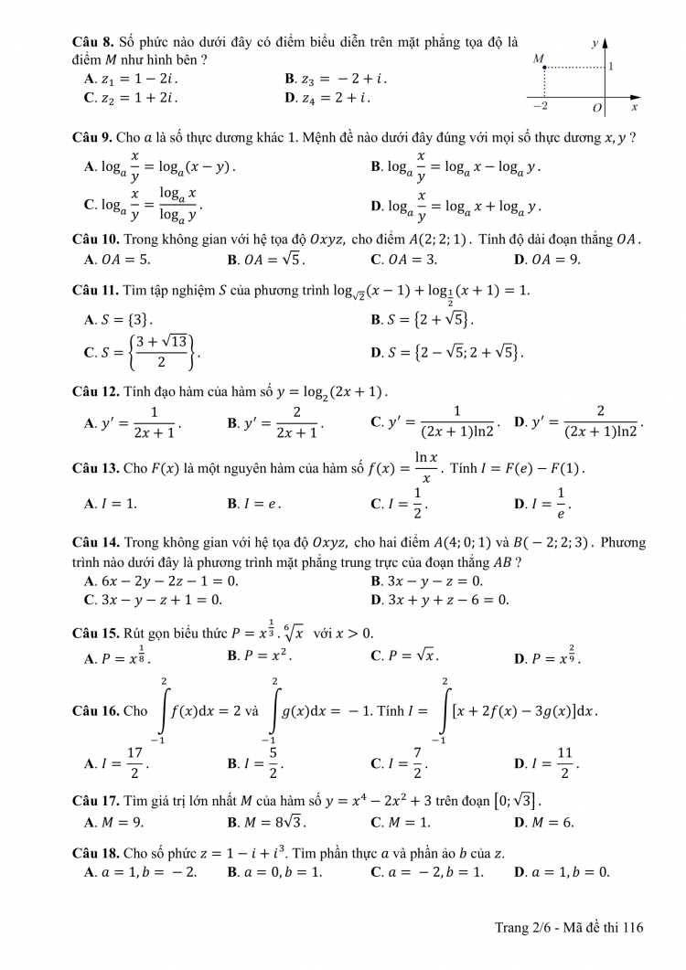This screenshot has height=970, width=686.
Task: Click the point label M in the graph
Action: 539,59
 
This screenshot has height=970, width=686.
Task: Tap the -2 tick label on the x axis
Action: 541,107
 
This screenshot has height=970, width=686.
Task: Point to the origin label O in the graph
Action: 597,108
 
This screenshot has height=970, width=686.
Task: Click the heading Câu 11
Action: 94,290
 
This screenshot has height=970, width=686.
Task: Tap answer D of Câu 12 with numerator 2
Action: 579,422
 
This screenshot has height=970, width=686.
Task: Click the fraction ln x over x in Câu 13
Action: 425,467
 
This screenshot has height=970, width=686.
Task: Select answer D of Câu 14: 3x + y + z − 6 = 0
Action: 439,600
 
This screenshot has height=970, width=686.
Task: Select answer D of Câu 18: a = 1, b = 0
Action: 562,871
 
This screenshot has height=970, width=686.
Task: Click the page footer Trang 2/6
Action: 569,927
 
